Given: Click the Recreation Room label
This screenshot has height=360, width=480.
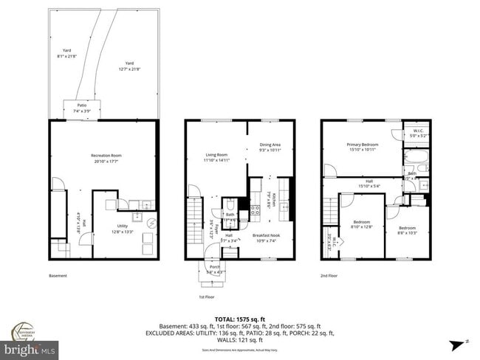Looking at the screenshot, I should click(106, 155).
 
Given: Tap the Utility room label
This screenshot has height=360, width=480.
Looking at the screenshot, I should click(121, 226).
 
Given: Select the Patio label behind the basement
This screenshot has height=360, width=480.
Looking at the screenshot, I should click(82, 105).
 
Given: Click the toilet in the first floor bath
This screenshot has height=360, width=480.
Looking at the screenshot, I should click(230, 204).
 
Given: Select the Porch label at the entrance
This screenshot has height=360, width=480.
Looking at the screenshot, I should click(215, 268).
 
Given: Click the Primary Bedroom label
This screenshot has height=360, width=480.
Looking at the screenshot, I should click(363, 145).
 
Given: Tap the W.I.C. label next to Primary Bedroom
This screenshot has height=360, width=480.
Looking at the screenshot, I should click(417, 131).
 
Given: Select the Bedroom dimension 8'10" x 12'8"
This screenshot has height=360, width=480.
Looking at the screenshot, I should click(361, 226).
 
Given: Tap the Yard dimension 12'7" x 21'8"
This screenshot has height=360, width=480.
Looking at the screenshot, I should click(129, 69).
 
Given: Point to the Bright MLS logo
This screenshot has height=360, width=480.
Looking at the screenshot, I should click(30, 347).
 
